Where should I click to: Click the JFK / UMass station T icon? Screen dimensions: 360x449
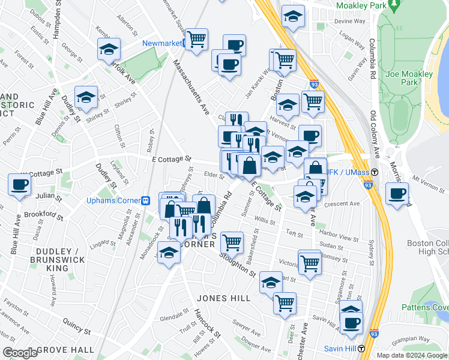tap(374, 173)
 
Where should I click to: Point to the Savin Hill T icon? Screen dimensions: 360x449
tap(361, 349)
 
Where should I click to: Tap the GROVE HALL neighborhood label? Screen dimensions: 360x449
tap(65, 349)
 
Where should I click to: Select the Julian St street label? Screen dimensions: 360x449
tap(44, 196)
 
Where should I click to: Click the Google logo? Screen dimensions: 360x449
tap(20, 353)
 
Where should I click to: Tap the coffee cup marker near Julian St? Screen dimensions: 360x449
tap(19, 184)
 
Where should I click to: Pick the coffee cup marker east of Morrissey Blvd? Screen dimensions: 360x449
tap(397, 194)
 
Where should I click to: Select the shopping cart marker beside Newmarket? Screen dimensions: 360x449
tap(196, 40)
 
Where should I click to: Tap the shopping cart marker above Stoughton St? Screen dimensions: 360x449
tap(232, 242)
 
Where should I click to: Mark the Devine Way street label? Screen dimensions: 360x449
tap(349, 21)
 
